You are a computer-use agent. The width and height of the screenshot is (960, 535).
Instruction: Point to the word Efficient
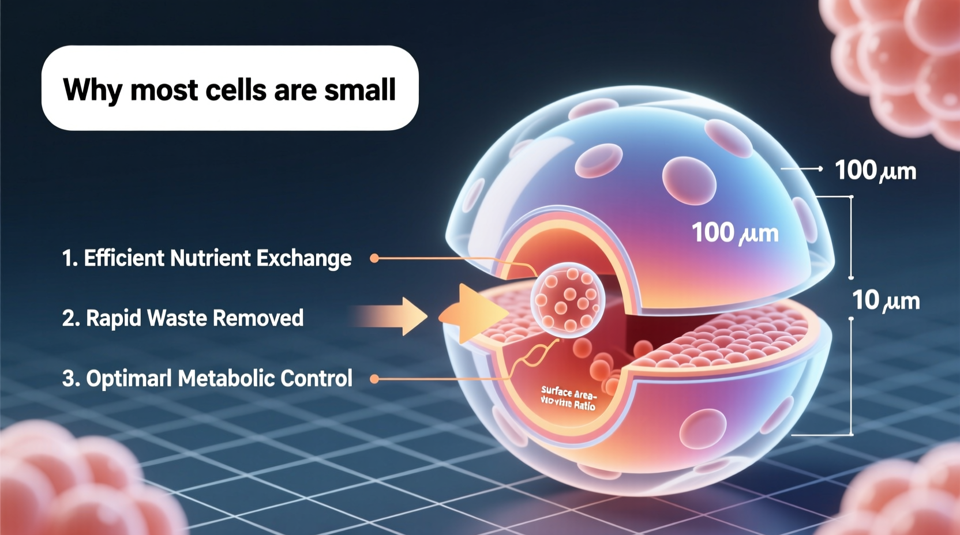(123, 258)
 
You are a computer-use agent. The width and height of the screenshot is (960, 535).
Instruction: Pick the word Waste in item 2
(177, 318)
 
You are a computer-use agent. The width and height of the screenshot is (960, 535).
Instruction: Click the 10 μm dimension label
(886, 300)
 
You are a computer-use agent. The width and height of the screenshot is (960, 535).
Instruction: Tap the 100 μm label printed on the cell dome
(735, 233)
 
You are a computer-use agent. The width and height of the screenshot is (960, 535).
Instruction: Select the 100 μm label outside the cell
(875, 171)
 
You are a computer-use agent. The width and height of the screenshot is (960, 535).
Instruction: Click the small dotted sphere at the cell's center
(568, 299)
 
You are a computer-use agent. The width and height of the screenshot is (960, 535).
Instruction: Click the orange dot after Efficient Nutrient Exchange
(374, 258)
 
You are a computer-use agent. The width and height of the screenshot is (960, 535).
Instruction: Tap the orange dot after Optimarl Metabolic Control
(374, 379)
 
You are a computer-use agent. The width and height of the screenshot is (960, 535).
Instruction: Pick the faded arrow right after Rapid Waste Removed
(392, 316)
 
